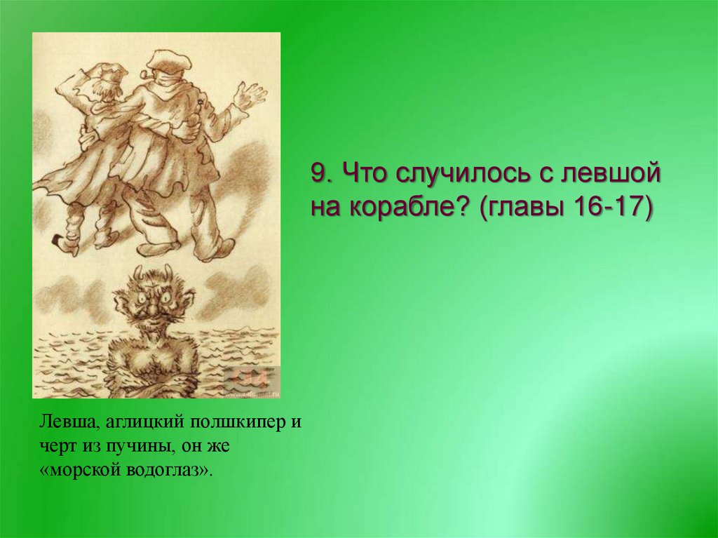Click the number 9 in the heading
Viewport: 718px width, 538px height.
[x=319, y=173]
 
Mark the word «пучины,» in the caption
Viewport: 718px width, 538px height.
[x=137, y=446]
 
